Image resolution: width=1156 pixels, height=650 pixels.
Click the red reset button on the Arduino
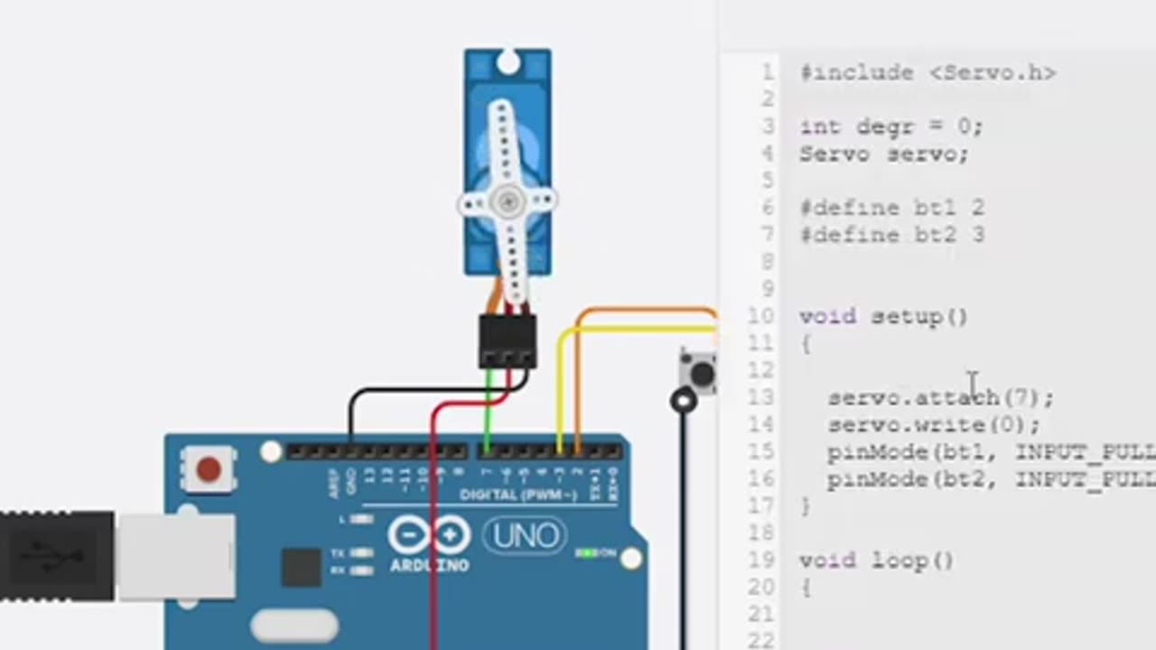pos(209,469)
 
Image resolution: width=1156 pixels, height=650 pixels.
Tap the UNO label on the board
pos(525,537)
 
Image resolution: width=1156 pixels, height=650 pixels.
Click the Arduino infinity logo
pos(429,536)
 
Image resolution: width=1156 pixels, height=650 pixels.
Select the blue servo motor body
pos(508,108)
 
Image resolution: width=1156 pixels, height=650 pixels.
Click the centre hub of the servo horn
pos(508,201)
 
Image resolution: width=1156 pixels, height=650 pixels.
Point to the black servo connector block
pos(508,341)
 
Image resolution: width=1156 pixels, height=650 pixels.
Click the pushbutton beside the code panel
pos(700,373)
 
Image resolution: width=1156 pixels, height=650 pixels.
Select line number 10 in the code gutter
pos(761,316)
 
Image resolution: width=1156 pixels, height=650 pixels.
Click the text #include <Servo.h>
pos(928,73)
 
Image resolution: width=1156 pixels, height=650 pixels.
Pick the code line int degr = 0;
pos(890,127)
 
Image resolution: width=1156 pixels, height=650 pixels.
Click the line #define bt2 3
pos(891,236)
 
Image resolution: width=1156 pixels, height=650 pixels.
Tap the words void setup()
pos(883,317)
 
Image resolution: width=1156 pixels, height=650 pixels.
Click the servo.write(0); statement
pos(934,424)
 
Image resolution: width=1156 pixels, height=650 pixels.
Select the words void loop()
pos(876,561)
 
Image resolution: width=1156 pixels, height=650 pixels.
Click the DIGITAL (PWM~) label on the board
pos(517,495)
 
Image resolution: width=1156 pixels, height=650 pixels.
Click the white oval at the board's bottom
pos(294,625)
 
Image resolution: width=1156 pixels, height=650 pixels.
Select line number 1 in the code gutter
pos(767,73)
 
